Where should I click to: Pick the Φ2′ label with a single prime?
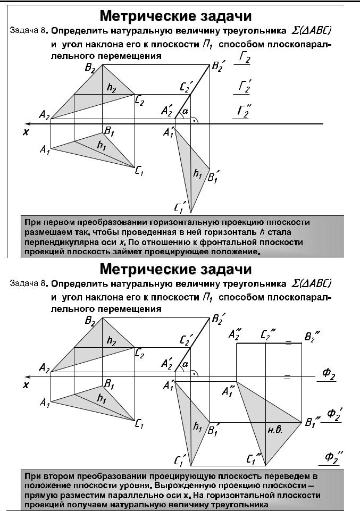click(x=333, y=414)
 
